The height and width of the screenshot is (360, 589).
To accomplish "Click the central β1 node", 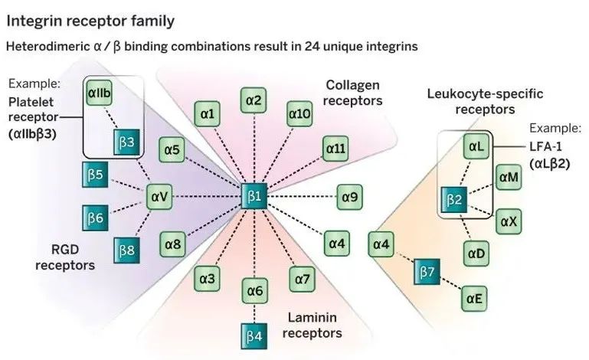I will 254,197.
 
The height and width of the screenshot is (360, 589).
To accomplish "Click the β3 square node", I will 127,141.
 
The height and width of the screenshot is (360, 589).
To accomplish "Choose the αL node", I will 474,146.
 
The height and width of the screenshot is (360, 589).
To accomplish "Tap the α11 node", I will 335,149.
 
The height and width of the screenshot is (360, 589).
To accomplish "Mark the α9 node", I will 349,197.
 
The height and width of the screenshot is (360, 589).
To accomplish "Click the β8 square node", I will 127,250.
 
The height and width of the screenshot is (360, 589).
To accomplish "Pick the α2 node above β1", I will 254,100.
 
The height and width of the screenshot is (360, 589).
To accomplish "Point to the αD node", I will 474,251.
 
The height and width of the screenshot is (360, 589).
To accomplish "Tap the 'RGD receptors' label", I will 69,257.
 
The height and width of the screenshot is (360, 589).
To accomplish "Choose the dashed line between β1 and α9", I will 302,197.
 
